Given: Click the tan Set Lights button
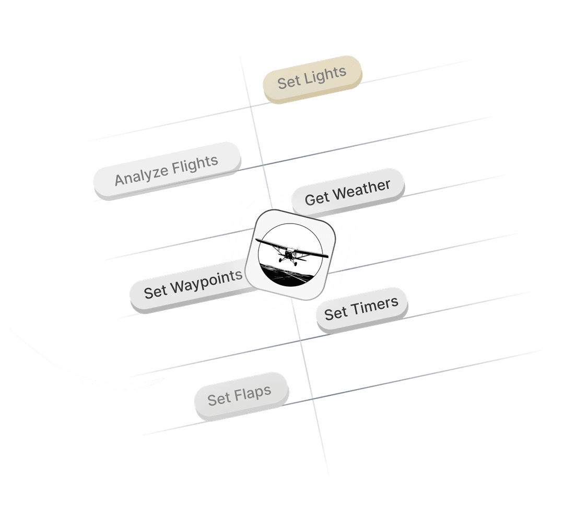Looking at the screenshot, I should click(312, 79).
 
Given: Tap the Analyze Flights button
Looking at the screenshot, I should click(166, 170).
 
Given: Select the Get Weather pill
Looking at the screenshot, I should click(347, 192).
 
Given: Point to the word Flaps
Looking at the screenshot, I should click(253, 393).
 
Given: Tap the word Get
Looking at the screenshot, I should click(316, 198).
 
